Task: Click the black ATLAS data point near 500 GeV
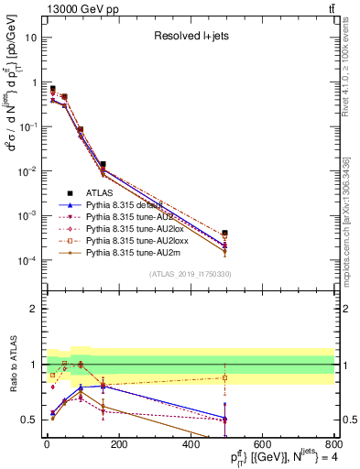click(225, 234)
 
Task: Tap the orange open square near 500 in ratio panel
click(225, 377)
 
